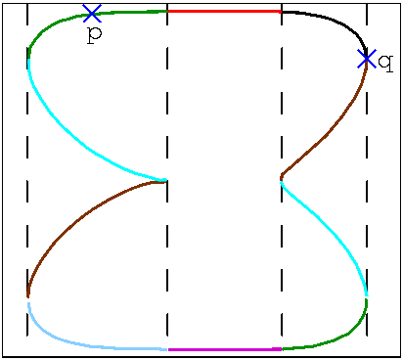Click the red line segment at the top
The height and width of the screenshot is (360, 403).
pos(225,11)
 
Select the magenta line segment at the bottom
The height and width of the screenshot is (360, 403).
pos(225,348)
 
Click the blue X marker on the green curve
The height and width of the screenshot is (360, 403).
pos(92,14)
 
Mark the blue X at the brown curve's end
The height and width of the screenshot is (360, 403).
pos(367,59)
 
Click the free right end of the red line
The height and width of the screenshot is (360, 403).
pos(281,11)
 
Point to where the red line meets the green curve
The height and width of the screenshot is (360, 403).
pos(168,11)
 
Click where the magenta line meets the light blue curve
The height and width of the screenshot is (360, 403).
pos(168,348)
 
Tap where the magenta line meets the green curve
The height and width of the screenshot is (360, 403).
pos(282,348)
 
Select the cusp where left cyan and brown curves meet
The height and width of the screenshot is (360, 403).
pos(164,180)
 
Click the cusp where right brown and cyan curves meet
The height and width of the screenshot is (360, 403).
pos(282,179)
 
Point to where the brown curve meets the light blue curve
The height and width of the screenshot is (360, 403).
pos(27,298)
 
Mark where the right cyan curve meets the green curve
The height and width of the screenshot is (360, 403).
pos(367,295)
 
